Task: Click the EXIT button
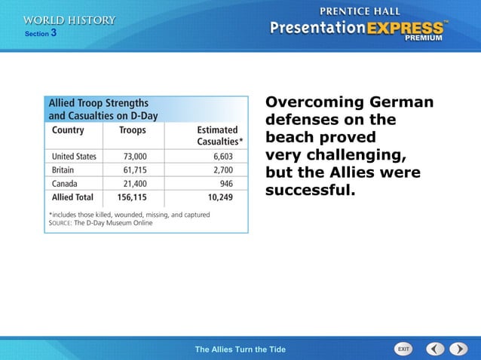tap(404, 349)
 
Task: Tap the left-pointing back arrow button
tap(435, 349)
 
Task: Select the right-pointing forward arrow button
tap(458, 349)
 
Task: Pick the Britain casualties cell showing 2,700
tap(229, 170)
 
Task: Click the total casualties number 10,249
tap(226, 197)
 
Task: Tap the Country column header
tap(68, 130)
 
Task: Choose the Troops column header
tap(133, 130)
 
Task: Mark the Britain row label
tap(66, 170)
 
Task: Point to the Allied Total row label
tap(72, 197)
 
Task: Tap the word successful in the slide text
tap(310, 190)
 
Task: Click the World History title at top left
tap(69, 20)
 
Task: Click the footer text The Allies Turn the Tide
tap(240, 349)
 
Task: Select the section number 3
tap(54, 33)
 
